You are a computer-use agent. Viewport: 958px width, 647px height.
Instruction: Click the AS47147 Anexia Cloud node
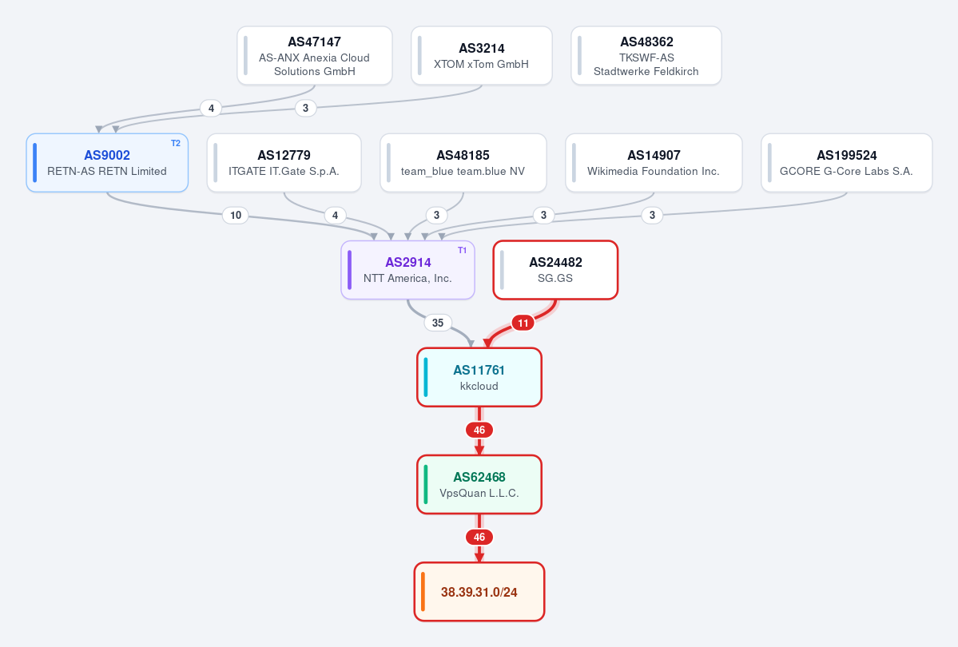point(315,56)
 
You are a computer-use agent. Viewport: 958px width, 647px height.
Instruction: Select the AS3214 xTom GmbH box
point(482,56)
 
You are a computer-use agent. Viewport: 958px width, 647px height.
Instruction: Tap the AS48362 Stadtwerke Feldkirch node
point(646,56)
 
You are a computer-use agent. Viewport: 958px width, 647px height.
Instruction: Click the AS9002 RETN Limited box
point(107,163)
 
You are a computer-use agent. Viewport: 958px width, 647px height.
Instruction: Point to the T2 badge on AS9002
point(175,144)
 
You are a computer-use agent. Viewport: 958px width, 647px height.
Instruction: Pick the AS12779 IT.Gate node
point(284,163)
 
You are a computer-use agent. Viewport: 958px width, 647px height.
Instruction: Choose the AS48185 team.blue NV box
point(463,163)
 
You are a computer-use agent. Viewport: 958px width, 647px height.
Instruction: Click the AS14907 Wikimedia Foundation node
point(654,163)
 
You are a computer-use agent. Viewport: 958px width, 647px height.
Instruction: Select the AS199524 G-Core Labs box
point(847,163)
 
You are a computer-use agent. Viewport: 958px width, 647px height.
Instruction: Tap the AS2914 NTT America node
point(408,270)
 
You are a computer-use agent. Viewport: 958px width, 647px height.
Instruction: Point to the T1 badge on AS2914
point(462,251)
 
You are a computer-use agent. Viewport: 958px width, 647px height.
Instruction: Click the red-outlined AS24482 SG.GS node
point(555,270)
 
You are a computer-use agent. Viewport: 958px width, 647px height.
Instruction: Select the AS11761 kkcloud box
point(479,378)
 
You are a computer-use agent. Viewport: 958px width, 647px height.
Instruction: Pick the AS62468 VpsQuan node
point(479,485)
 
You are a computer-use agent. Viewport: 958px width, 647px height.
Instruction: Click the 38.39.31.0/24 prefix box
point(479,592)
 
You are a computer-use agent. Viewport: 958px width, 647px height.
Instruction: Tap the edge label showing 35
point(438,323)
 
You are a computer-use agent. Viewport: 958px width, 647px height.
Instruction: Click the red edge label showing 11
point(523,323)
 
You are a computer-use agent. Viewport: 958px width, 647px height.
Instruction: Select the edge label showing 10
point(236,215)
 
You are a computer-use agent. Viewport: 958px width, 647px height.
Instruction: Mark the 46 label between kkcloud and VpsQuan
point(479,430)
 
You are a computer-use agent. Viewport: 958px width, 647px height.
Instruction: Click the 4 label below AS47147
point(212,108)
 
